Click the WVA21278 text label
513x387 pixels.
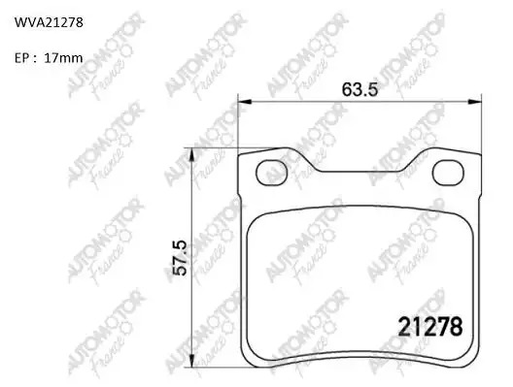pos(49,22)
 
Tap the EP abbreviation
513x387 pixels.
pos(22,58)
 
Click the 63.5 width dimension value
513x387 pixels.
pos(359,89)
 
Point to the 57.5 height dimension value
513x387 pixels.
pos(180,258)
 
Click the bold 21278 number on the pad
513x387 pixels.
pos(429,327)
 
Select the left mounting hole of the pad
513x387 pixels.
pos(271,173)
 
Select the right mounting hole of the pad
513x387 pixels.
pos(448,173)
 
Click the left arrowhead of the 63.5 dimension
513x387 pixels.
pos(245,102)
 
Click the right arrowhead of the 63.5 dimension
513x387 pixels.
pos(475,102)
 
